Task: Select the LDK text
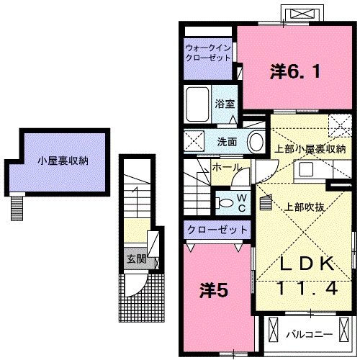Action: pyautogui.click(x=303, y=264)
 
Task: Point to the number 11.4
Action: pyautogui.click(x=303, y=288)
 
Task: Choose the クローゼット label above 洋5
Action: pyautogui.click(x=217, y=230)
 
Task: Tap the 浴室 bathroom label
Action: pyautogui.click(x=224, y=104)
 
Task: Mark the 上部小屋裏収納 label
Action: pyautogui.click(x=310, y=149)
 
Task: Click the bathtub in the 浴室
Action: pyautogui.click(x=197, y=105)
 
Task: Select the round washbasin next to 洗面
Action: pyautogui.click(x=256, y=141)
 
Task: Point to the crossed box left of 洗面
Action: pyautogui.click(x=193, y=140)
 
